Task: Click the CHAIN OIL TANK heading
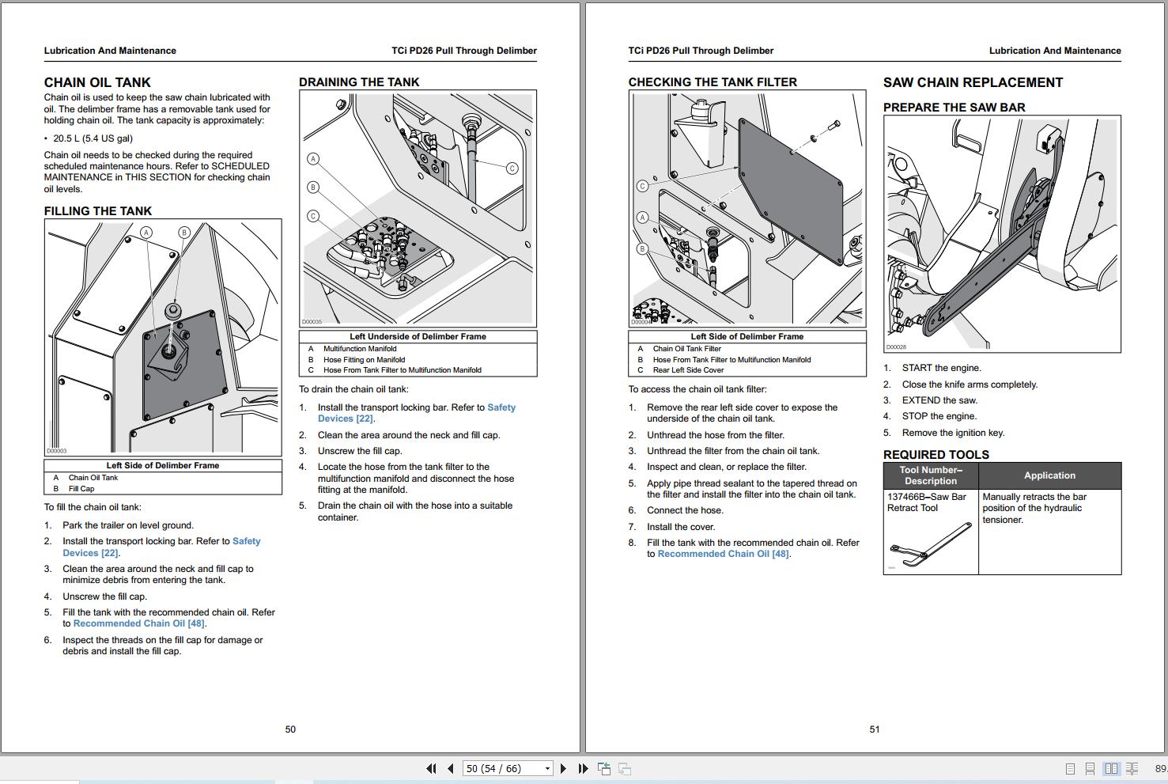pos(97,82)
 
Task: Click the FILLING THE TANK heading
pos(97,211)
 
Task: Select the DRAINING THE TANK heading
pos(359,82)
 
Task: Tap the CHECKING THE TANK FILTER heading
pos(712,82)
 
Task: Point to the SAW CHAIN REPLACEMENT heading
pos(973,82)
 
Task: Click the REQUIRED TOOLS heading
pos(936,455)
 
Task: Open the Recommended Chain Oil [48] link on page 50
pos(139,623)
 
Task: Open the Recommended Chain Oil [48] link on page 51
pos(723,554)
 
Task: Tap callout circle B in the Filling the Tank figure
pos(184,233)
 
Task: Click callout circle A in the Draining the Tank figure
pos(313,159)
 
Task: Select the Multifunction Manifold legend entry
pos(360,349)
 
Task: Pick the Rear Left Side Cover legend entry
pos(688,370)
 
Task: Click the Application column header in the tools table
pos(1049,475)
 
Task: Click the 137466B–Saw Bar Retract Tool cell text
pos(926,502)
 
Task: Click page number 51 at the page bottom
pos(874,729)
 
